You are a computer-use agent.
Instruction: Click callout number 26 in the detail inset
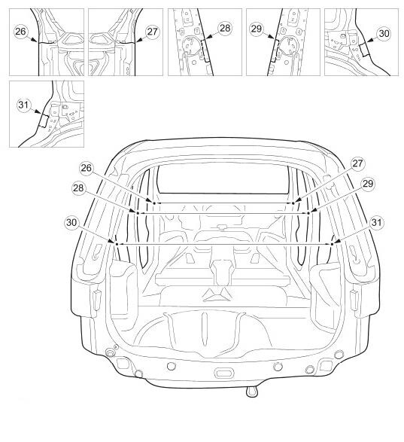20,32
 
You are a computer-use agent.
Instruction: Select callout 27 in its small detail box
152,32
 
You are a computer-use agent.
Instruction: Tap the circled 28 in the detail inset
225,29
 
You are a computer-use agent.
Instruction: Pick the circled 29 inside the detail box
257,29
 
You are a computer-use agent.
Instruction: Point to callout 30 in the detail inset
384,34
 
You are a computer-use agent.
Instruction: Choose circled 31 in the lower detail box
23,105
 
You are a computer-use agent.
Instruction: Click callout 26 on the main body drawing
87,168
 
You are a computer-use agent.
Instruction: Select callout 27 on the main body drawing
357,163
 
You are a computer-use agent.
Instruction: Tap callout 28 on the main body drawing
78,188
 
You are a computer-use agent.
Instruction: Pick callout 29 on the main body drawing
368,184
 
